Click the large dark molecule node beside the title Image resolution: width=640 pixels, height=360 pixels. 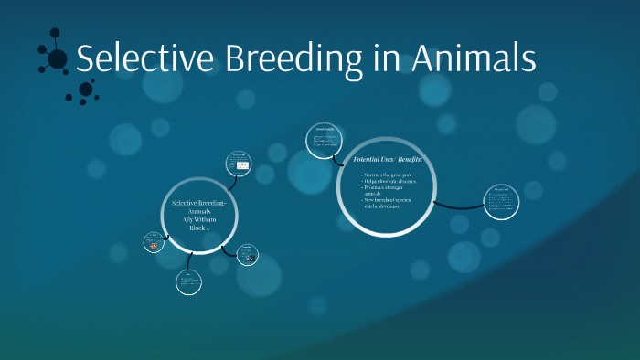coord(57,59)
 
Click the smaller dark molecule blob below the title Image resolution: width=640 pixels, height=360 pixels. coord(86,89)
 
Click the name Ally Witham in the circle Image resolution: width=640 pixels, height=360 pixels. coord(199,219)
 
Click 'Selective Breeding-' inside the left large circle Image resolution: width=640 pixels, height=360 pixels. coord(199,202)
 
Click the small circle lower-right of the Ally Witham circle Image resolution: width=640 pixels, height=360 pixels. coord(247,255)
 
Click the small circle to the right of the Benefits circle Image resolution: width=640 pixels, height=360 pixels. coord(501,202)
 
